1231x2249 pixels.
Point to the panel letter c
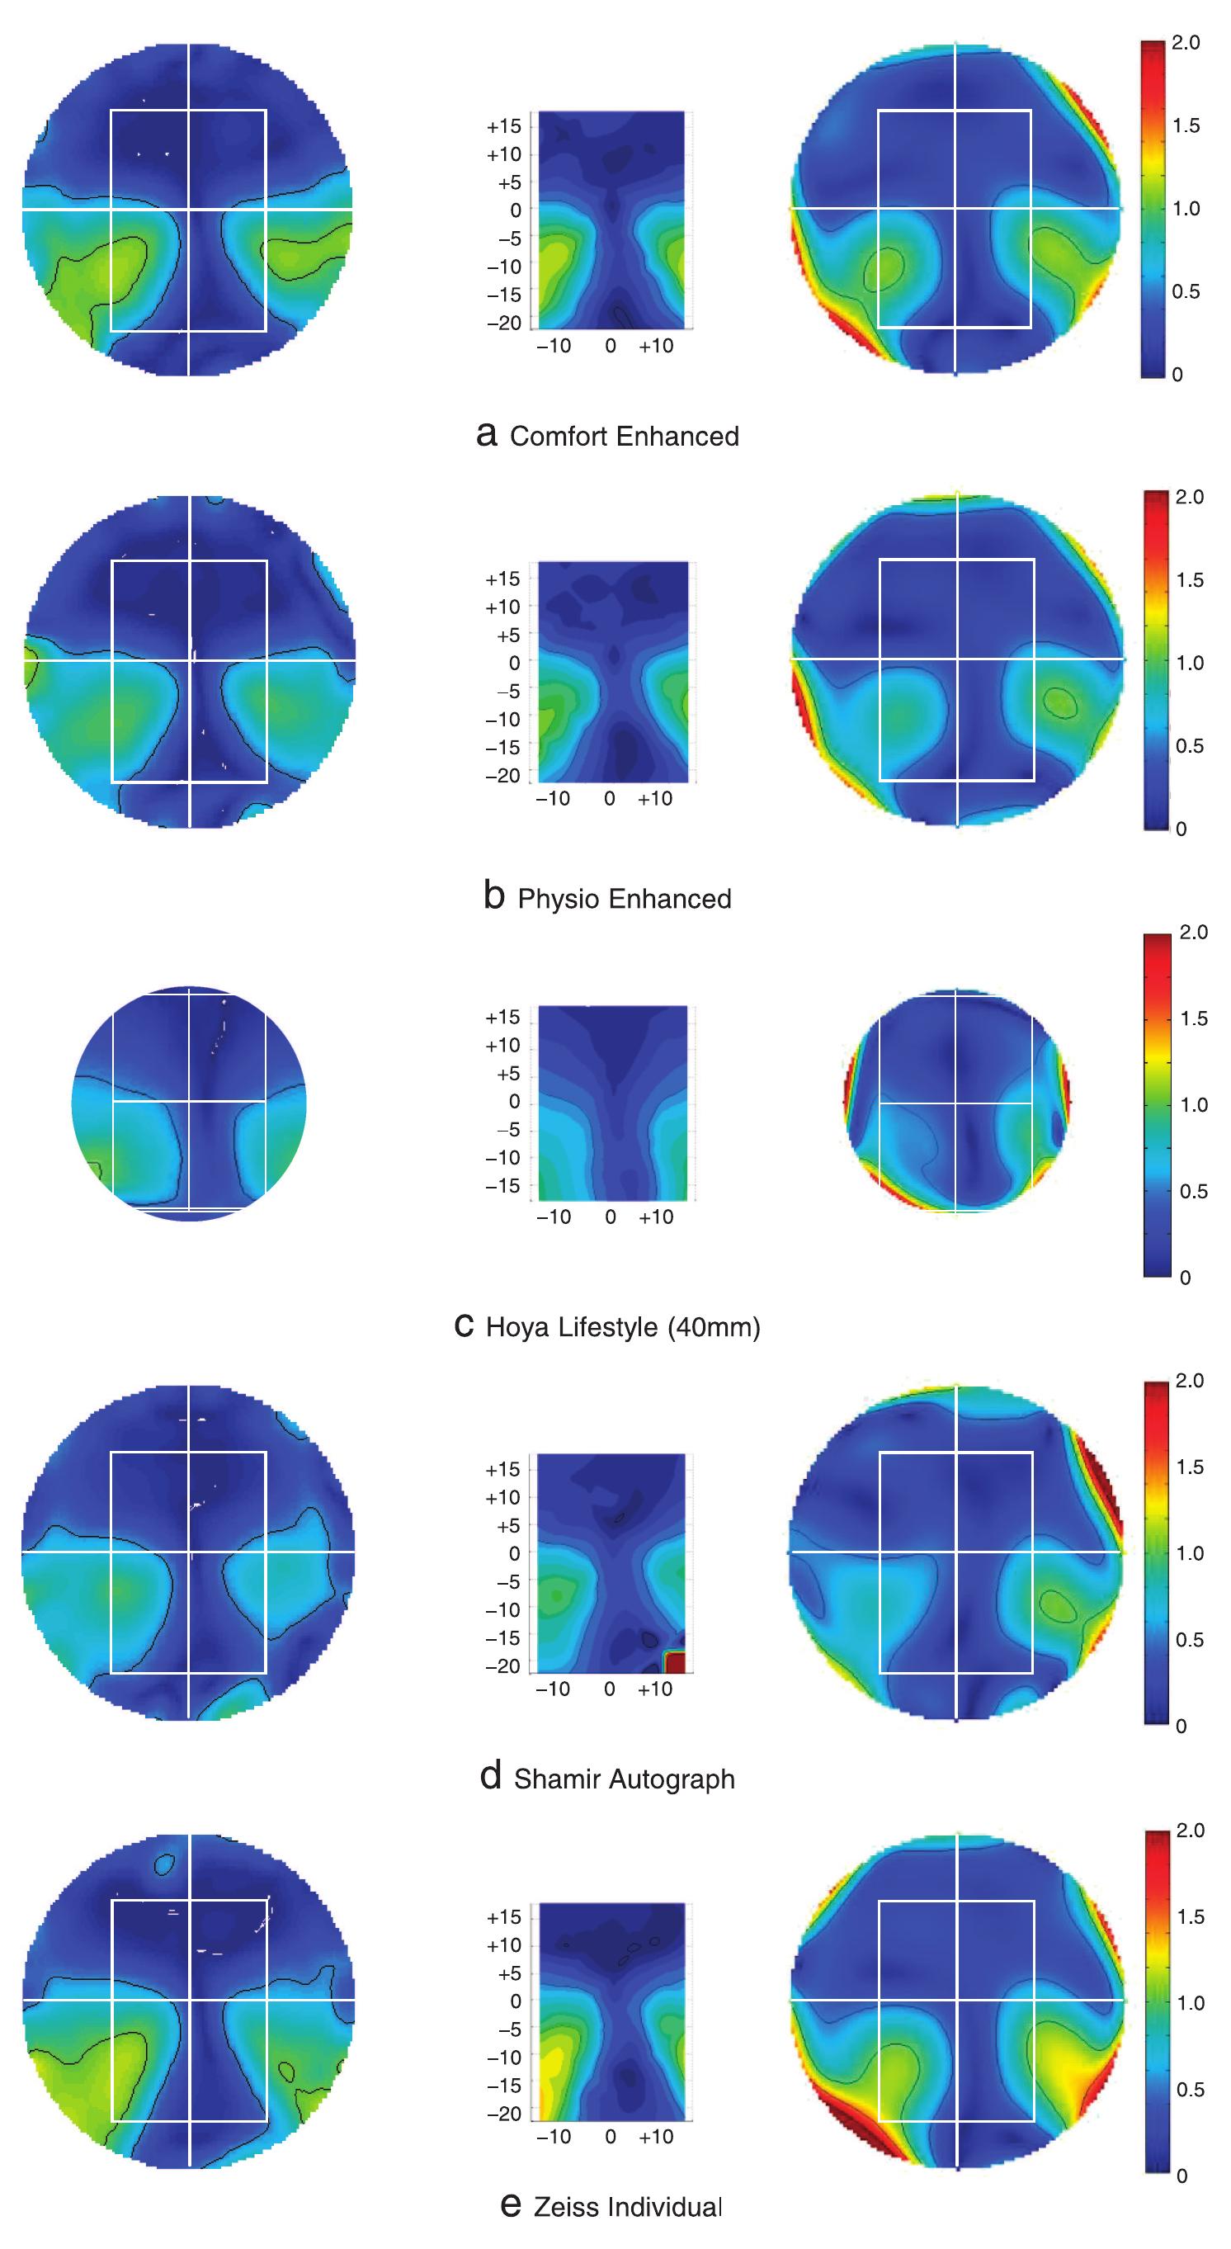pyautogui.click(x=465, y=1325)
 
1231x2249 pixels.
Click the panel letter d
pyautogui.click(x=491, y=1776)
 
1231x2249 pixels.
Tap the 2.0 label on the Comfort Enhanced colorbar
pyautogui.click(x=1185, y=43)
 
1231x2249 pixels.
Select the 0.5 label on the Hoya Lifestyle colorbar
pyautogui.click(x=1193, y=1192)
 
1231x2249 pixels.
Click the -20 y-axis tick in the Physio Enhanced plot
pyautogui.click(x=502, y=775)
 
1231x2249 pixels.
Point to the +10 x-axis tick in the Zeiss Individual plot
pyautogui.click(x=656, y=2137)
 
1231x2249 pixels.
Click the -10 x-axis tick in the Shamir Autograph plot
pyautogui.click(x=553, y=1689)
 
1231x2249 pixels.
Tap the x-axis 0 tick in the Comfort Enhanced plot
pyautogui.click(x=611, y=347)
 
